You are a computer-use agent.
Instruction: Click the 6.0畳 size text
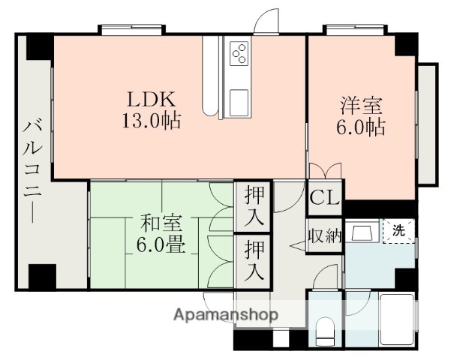pos(158,245)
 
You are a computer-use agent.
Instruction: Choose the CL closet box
pos(325,198)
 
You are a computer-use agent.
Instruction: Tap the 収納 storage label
pos(325,236)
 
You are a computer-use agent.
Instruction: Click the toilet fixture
pos(325,331)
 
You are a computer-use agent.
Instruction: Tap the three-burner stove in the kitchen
pos(239,53)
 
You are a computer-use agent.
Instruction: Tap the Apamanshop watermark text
pos(225,314)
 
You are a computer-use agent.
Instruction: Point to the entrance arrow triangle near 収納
pos(294,244)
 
